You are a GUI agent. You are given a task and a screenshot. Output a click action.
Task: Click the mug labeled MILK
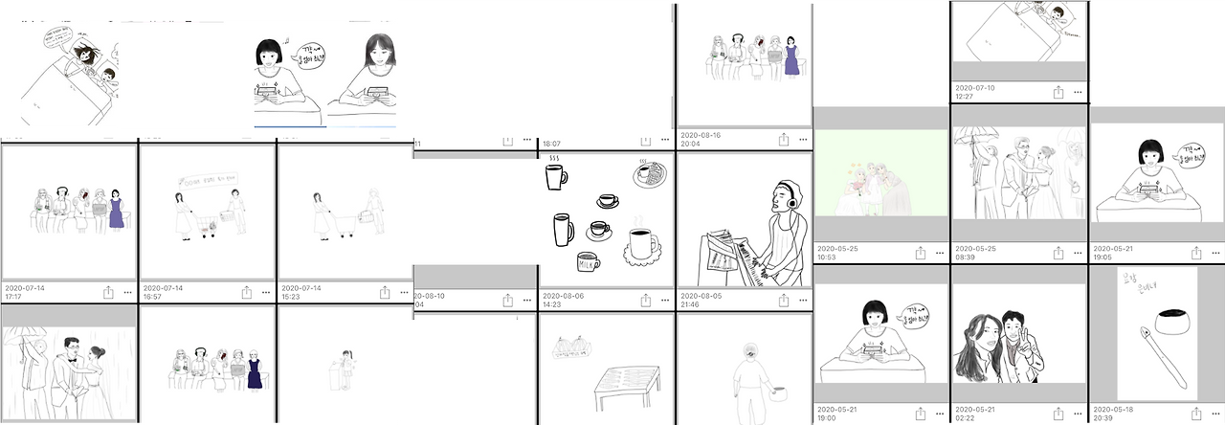(x=588, y=261)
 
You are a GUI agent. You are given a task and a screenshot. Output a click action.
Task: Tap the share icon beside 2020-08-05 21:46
(x=783, y=300)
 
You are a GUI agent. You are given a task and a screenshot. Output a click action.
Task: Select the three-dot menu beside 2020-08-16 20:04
(x=802, y=140)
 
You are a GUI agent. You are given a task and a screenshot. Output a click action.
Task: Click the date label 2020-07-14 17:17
(x=24, y=291)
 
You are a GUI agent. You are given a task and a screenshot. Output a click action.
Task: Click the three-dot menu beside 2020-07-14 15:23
(x=404, y=291)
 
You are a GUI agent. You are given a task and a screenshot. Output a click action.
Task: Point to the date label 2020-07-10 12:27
(x=974, y=92)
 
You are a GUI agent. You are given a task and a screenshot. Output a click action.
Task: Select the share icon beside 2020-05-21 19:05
(x=1196, y=253)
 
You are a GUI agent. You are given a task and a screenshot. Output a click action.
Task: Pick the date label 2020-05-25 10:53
(x=837, y=253)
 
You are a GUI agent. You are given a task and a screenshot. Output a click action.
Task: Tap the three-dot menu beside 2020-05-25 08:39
(x=1078, y=253)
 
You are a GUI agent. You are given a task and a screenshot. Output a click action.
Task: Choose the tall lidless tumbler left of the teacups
(x=563, y=231)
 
